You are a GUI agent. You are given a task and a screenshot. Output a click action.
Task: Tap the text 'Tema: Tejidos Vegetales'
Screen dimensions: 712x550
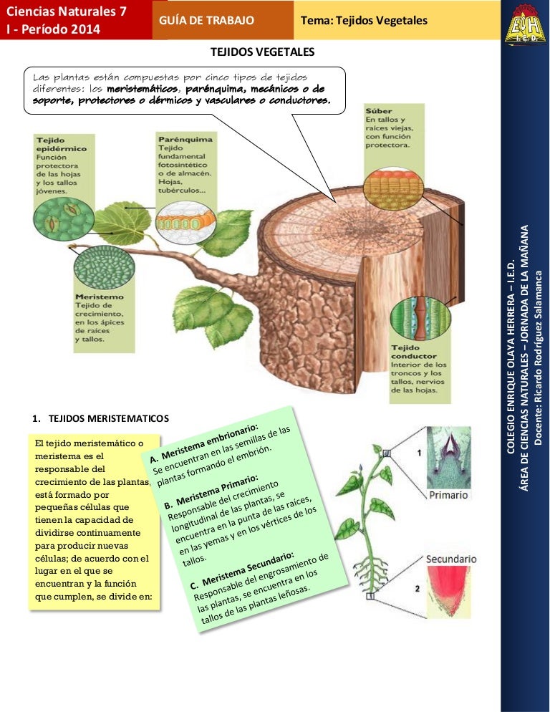point(364,20)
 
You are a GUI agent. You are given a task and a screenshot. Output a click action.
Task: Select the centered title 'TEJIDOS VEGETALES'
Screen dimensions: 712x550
point(261,52)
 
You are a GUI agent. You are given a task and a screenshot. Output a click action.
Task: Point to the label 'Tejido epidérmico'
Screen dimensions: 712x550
point(51,144)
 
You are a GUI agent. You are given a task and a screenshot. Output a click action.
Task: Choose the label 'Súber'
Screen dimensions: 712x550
point(379,111)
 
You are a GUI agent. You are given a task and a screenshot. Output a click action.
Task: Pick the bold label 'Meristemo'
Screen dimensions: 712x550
point(99,296)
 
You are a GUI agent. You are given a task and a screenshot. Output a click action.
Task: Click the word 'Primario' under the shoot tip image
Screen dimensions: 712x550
point(448,495)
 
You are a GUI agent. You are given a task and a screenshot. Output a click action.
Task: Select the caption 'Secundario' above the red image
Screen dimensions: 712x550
point(451,558)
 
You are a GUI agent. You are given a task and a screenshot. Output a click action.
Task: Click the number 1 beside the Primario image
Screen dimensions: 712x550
point(418,453)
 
